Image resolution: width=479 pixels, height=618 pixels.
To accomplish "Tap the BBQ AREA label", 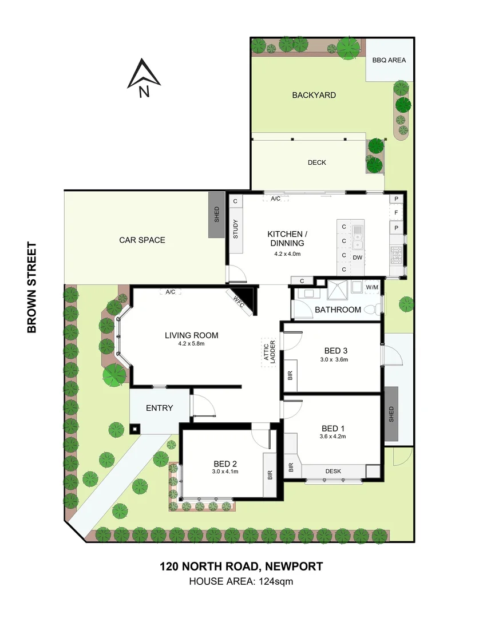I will [x=389, y=60].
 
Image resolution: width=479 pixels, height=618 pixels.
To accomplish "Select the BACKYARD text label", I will [x=314, y=95].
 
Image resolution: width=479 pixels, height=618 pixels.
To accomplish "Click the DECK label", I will [x=316, y=163].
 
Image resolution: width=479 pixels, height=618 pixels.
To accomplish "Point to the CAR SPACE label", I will [x=142, y=240].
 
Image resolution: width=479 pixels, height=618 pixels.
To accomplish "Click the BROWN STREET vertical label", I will [x=32, y=287].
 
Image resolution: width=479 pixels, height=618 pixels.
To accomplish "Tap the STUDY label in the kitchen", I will [x=235, y=229].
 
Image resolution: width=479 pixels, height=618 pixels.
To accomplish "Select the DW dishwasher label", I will [x=357, y=258].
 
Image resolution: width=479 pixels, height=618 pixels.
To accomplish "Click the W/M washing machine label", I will [x=372, y=287].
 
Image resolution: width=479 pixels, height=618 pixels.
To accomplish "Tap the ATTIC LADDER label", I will [x=269, y=351].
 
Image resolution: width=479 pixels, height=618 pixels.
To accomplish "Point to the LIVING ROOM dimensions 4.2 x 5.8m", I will [x=191, y=344].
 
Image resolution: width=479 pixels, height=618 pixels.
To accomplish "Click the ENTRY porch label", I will [x=159, y=408].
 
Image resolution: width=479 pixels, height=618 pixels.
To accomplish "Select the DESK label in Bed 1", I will [x=333, y=472].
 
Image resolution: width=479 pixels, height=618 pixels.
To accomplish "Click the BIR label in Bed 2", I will [x=270, y=474].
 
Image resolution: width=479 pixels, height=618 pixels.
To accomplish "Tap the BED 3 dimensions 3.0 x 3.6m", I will [x=335, y=360].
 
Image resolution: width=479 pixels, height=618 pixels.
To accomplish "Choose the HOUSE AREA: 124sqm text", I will [x=240, y=582].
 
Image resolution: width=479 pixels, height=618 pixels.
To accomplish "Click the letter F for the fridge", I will [x=395, y=213].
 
